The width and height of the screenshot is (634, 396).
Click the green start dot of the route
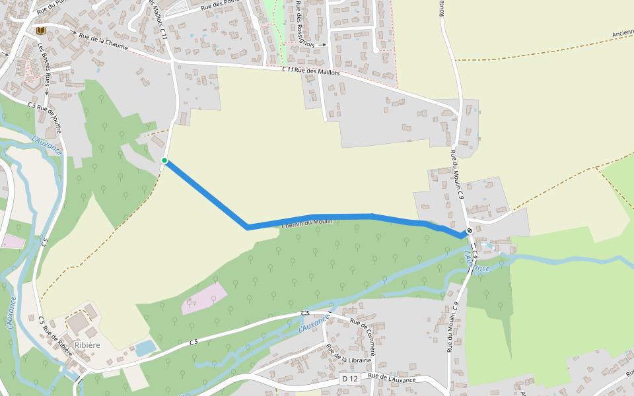pyautogui.click(x=164, y=160)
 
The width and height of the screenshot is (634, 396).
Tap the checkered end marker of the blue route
pyautogui.click(x=468, y=231)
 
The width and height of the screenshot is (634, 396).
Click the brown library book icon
pyautogui.click(x=41, y=30)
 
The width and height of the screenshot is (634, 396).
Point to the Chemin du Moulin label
pyautogui.click(x=307, y=224)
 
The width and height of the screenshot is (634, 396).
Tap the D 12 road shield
pyautogui.click(x=350, y=378)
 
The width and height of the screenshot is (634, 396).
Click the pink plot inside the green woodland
pyautogui.click(x=204, y=298)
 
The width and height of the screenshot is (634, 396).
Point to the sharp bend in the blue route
pyautogui.click(x=247, y=228)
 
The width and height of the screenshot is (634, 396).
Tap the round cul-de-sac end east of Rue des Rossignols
pyautogui.click(x=376, y=49)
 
